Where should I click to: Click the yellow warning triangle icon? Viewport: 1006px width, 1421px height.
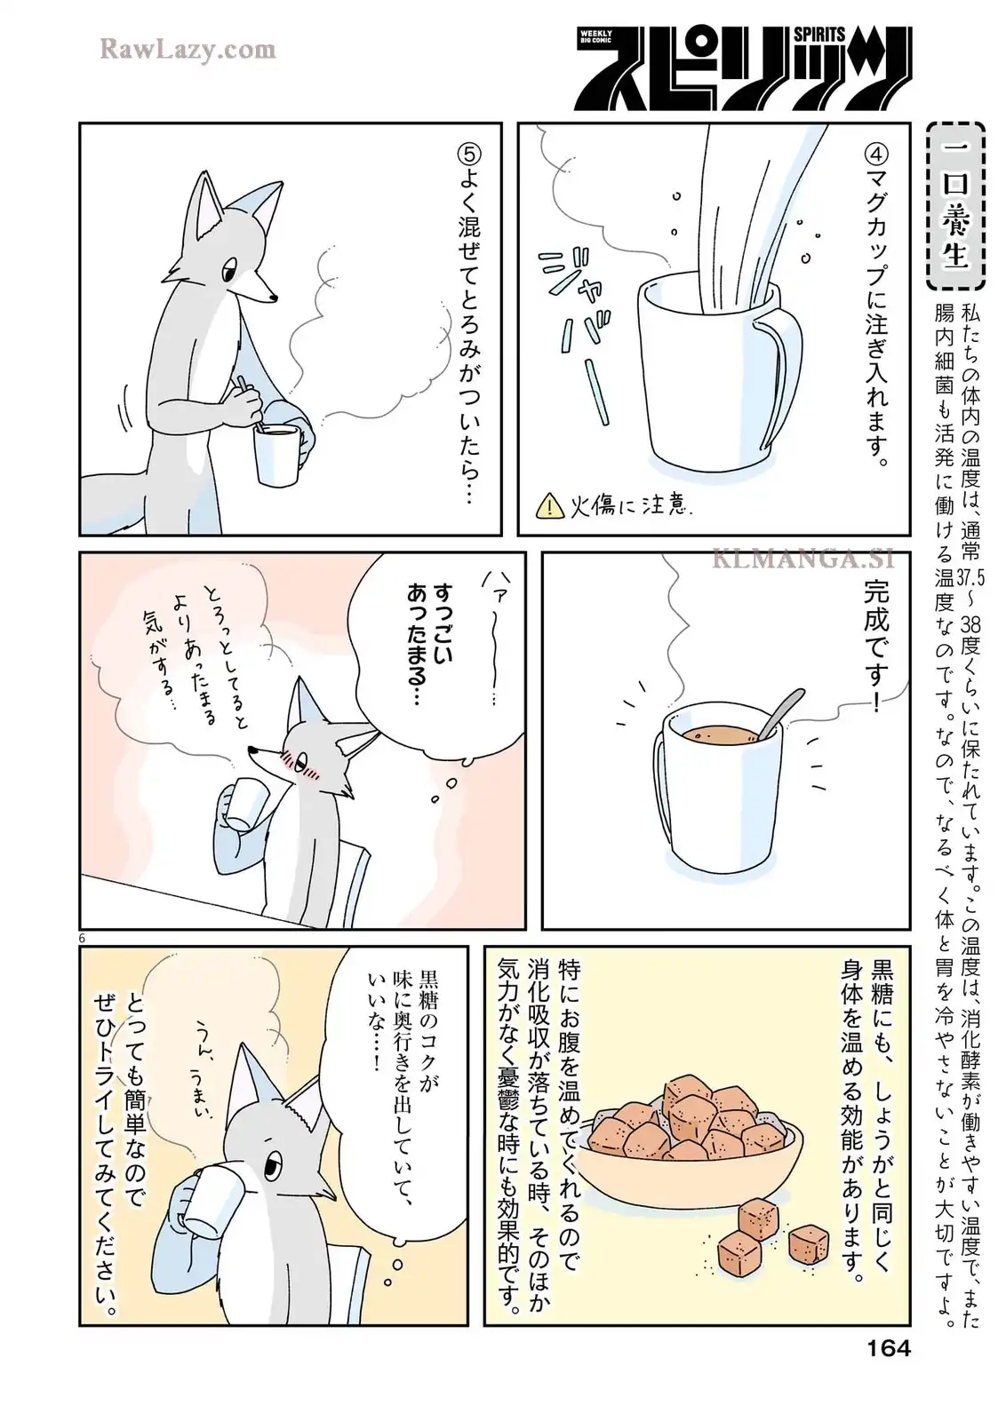(549, 506)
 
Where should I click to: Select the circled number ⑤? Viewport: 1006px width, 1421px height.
(469, 155)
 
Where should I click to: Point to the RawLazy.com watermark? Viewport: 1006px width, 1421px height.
(188, 50)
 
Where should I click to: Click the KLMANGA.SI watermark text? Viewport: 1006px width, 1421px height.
(803, 559)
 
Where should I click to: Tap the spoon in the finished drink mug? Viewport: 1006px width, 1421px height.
(779, 714)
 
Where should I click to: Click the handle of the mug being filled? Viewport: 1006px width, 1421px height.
(782, 374)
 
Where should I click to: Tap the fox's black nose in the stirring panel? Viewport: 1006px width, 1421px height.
(274, 297)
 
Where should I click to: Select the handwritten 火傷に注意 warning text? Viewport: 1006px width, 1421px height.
(627, 506)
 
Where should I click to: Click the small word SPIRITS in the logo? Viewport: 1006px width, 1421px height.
(819, 35)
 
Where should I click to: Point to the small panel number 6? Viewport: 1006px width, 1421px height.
(81, 938)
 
